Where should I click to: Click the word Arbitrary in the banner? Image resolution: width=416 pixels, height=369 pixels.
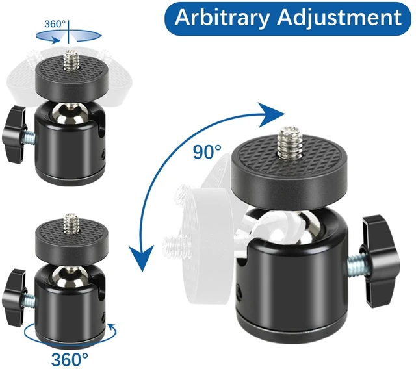(222, 18)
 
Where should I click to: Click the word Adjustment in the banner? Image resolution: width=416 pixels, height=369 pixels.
(339, 18)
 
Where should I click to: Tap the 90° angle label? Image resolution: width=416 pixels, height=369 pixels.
(207, 152)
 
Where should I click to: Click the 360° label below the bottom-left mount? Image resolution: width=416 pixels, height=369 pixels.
(70, 359)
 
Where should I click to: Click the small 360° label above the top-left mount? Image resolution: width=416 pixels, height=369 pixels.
(55, 24)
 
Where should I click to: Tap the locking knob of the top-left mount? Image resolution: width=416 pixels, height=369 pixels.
(14, 134)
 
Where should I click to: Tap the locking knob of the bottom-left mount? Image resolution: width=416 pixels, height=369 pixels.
(14, 298)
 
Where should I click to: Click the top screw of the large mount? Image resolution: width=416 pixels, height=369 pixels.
(289, 141)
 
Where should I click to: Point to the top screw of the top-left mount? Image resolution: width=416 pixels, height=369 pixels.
(71, 60)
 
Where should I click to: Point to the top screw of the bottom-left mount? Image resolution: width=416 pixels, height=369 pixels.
(71, 224)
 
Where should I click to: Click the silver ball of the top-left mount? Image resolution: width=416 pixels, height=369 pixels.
(70, 114)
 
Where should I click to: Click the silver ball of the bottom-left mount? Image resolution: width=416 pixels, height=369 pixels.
(70, 277)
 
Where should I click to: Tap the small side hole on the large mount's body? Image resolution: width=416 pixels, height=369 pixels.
(240, 292)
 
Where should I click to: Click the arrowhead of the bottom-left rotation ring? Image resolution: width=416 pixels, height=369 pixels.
(113, 329)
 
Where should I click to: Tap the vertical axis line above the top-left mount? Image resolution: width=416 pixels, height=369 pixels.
(68, 32)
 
